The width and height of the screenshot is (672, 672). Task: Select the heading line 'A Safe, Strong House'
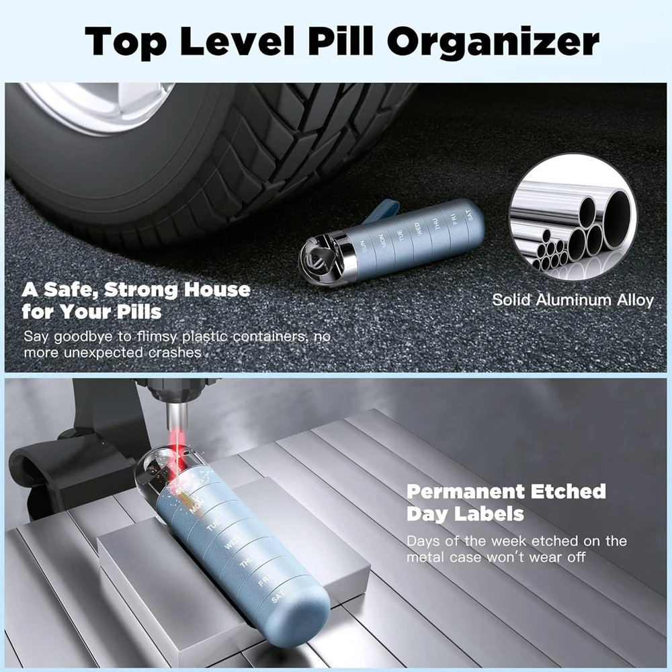click(136, 290)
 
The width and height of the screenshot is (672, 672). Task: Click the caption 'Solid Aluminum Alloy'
click(573, 300)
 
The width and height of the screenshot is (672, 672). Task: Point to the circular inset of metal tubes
click(573, 219)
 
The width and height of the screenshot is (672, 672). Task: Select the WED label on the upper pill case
click(417, 228)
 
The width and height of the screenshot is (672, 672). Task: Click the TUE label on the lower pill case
click(213, 525)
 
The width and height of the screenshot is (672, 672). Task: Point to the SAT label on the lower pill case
click(278, 597)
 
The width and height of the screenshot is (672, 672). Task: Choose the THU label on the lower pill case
click(247, 561)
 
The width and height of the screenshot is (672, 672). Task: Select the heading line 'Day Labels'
click(466, 514)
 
